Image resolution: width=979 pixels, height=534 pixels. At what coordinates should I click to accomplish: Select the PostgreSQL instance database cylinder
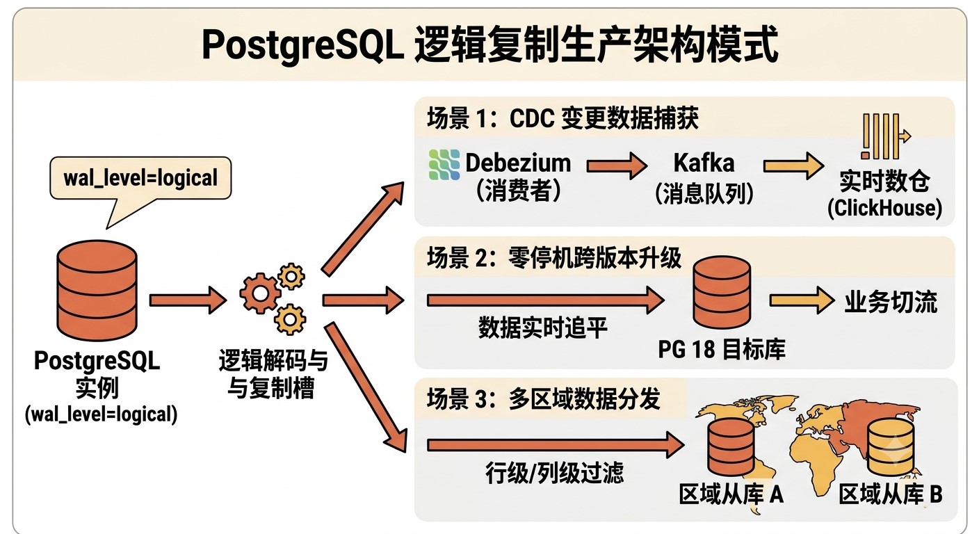[97, 291]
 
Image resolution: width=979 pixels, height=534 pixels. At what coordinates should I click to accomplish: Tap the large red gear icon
[260, 293]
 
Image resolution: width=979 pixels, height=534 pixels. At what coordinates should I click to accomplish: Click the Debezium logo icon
[444, 164]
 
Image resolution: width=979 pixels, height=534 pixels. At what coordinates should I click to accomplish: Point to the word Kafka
[704, 163]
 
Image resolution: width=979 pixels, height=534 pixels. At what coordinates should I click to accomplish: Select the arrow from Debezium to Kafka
[617, 165]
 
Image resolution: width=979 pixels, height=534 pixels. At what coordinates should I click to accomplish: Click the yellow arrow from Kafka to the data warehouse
[793, 165]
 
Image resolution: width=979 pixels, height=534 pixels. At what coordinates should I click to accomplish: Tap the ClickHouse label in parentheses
[884, 208]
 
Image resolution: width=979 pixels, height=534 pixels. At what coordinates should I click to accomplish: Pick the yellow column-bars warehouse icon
[885, 137]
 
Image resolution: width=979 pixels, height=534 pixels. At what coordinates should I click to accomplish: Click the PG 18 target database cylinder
[722, 292]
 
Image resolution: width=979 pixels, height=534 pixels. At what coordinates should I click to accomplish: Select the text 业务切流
[891, 302]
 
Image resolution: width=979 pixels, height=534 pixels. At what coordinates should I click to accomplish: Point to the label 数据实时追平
[543, 327]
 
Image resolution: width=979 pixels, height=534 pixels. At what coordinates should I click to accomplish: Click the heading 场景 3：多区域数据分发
[543, 398]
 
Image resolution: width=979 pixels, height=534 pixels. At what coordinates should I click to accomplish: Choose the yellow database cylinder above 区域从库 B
[890, 447]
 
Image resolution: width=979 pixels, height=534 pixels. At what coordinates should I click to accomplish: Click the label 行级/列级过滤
[554, 473]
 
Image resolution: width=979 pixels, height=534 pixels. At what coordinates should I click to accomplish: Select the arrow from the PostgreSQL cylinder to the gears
[188, 300]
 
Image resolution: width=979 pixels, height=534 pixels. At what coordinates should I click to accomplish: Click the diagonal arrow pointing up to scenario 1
[362, 229]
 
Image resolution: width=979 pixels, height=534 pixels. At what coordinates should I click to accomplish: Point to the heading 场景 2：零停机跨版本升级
[553, 258]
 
